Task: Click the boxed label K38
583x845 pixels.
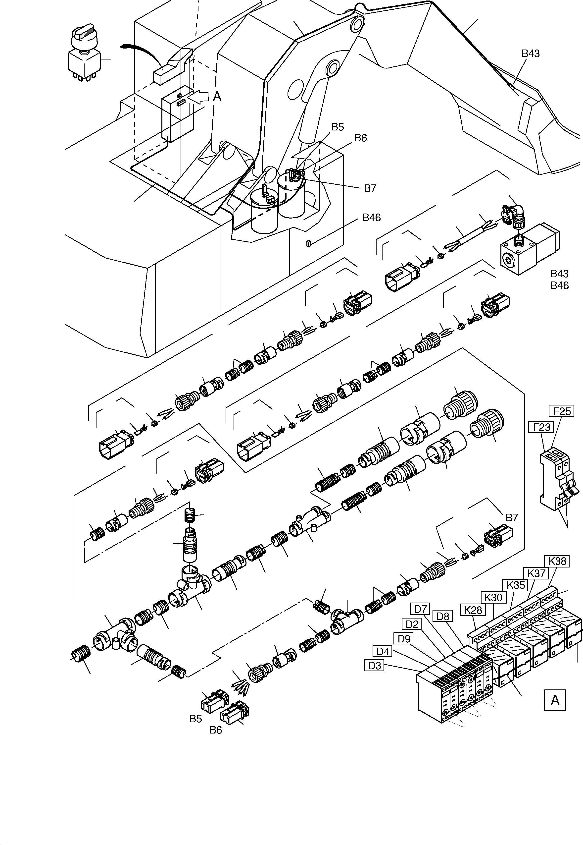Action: [557, 561]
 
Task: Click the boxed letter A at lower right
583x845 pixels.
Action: [555, 700]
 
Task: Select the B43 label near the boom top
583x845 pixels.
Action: [531, 53]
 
